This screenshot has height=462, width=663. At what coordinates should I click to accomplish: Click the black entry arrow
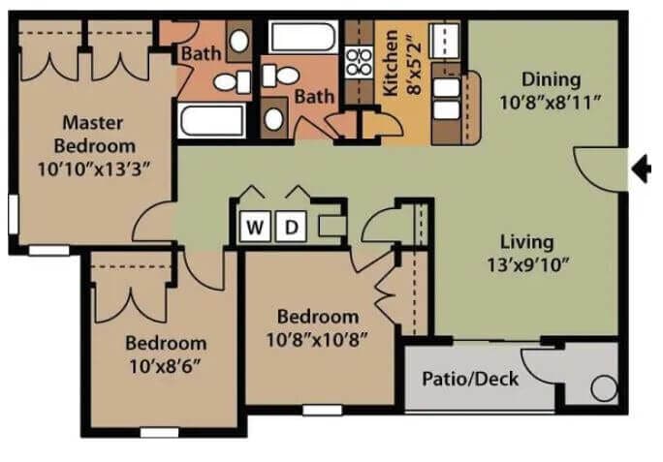point(641,169)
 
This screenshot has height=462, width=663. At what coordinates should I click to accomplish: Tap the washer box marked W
point(255,228)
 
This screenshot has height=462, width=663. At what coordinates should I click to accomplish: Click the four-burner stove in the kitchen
point(361,62)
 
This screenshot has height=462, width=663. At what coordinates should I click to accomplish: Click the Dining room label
point(551,79)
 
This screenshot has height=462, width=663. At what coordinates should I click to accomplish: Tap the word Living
point(526,242)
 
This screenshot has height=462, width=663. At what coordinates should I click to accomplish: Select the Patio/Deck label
point(470,378)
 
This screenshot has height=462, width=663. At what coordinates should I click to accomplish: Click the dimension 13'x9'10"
point(526,262)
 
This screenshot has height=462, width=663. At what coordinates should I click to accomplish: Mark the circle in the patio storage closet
point(603,389)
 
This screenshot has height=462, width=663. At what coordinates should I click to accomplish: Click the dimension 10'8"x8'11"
point(551,100)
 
